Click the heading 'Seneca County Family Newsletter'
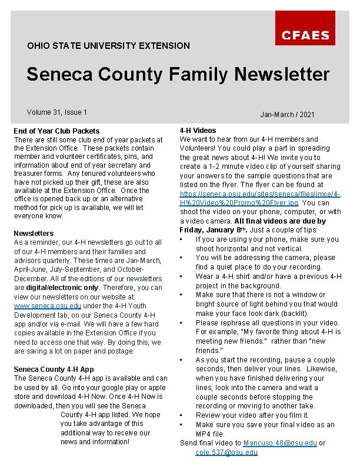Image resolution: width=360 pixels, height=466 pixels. [x=178, y=74]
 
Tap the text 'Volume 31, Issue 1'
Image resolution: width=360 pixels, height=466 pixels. [x=57, y=112]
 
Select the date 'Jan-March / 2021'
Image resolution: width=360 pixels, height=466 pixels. [x=287, y=114]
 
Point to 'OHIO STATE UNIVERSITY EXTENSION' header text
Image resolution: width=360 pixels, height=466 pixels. [x=109, y=45]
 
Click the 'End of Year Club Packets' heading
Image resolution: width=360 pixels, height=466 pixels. [x=57, y=131]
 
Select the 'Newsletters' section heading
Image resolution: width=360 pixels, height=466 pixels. [x=34, y=233]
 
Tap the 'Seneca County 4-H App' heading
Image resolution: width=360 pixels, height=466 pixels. [x=54, y=369]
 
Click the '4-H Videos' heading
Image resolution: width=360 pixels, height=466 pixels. [x=198, y=130]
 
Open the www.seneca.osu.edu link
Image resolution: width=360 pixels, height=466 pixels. [x=48, y=306]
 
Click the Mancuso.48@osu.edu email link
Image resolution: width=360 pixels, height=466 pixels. [x=280, y=442]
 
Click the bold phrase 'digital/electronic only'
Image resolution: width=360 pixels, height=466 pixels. [x=65, y=288]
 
